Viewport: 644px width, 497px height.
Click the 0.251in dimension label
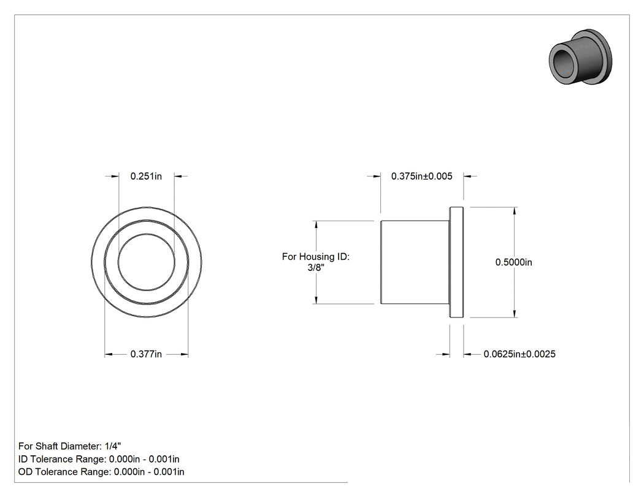(146, 176)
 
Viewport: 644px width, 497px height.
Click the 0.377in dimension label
(146, 354)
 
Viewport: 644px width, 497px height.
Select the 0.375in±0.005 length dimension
(422, 176)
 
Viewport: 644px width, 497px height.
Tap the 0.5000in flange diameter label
(514, 262)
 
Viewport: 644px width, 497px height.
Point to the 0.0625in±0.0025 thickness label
(519, 354)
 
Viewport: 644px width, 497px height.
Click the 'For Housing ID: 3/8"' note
(316, 262)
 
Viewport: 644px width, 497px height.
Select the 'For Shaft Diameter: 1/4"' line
(70, 446)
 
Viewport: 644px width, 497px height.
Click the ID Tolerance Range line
(99, 459)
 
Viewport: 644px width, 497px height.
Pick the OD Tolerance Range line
(101, 471)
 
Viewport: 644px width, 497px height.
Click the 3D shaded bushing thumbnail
(580, 56)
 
